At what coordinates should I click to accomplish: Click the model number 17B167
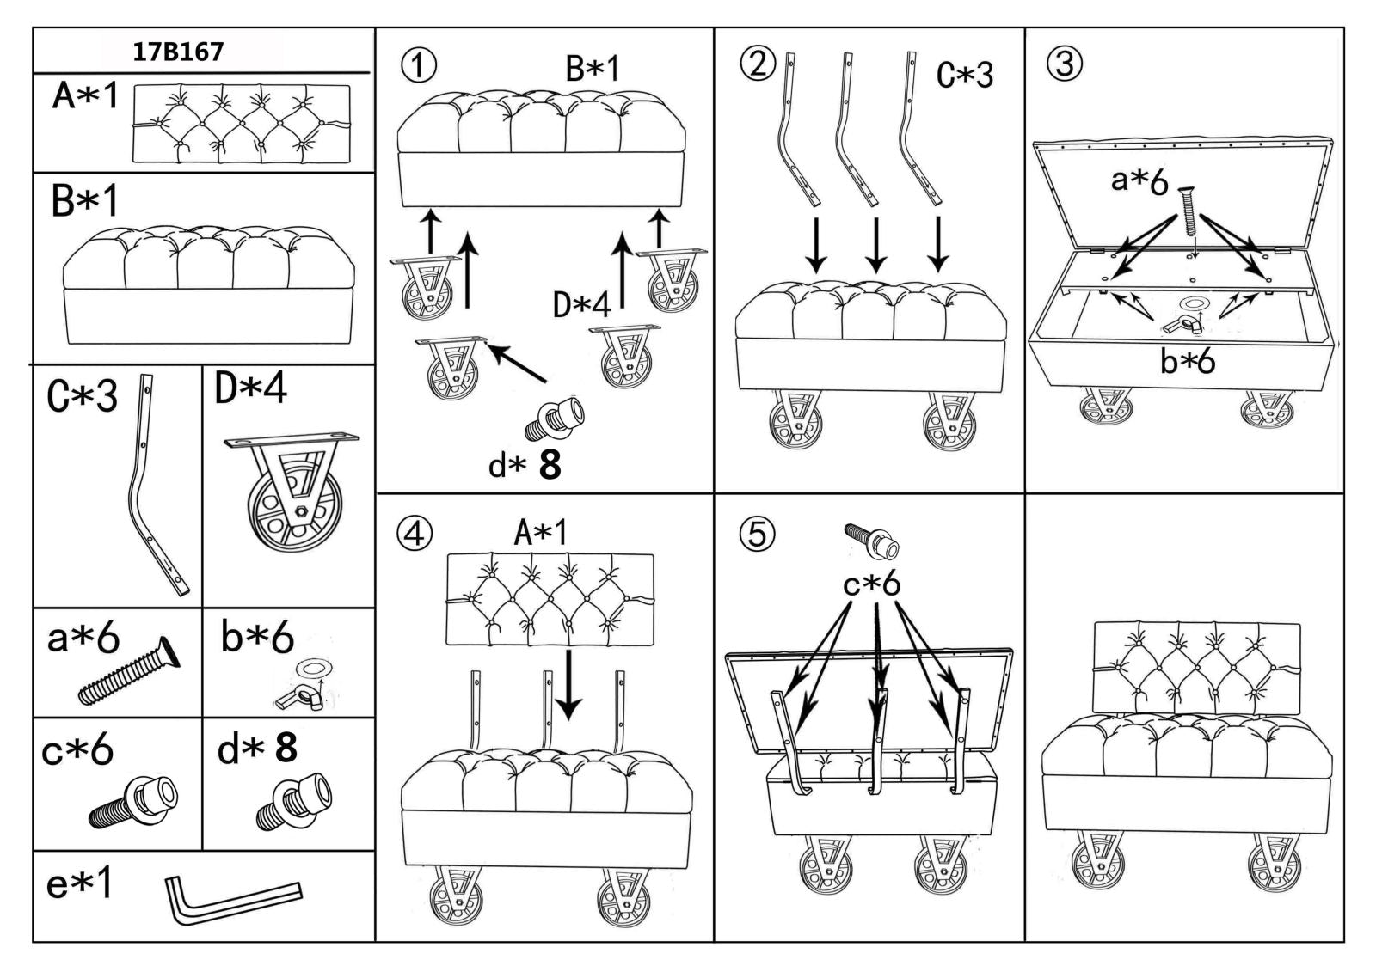pyautogui.click(x=178, y=52)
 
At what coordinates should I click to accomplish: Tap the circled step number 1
pyautogui.click(x=419, y=66)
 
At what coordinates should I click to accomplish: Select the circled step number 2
pyautogui.click(x=758, y=63)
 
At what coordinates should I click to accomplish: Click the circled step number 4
pyautogui.click(x=414, y=534)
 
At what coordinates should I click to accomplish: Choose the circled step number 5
pyautogui.click(x=757, y=535)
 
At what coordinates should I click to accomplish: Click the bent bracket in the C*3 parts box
pyautogui.click(x=155, y=486)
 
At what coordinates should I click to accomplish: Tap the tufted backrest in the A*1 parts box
pyautogui.click(x=241, y=125)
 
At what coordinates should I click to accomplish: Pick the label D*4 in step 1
pyautogui.click(x=581, y=303)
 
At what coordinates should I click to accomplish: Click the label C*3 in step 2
pyautogui.click(x=964, y=75)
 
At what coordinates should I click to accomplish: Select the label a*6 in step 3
pyautogui.click(x=1139, y=180)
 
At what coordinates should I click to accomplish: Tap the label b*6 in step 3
pyautogui.click(x=1187, y=362)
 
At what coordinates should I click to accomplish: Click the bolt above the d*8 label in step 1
pyautogui.click(x=555, y=419)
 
